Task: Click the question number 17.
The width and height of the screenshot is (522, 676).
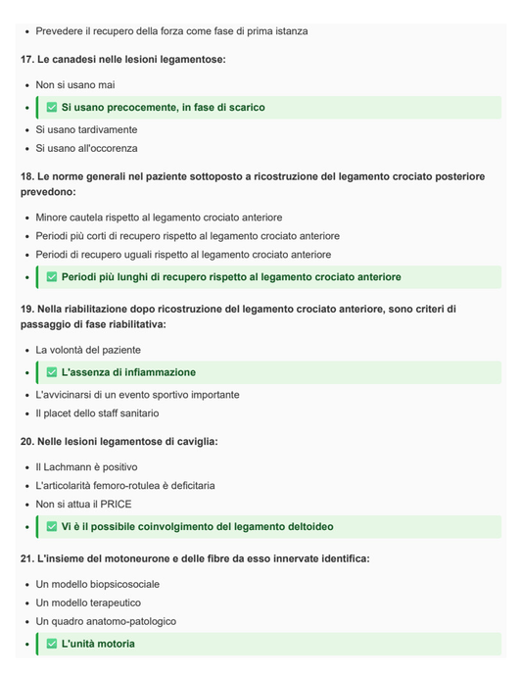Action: (x=26, y=60)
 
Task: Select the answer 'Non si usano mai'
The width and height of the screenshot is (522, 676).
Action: (x=75, y=85)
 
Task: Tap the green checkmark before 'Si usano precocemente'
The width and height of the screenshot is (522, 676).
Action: (x=52, y=108)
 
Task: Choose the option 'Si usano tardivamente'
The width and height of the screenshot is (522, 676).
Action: (x=86, y=129)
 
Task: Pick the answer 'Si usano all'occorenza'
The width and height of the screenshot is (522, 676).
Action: (x=86, y=149)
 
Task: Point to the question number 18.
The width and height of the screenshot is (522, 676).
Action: (x=26, y=176)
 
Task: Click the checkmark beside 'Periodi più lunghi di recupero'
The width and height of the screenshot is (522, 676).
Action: (x=52, y=277)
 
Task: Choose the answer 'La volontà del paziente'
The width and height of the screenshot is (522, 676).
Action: (x=88, y=350)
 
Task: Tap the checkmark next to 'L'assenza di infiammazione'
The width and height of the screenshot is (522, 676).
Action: (x=52, y=372)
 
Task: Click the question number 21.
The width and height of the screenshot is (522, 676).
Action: (x=26, y=558)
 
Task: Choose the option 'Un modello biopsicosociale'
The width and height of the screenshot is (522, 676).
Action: (x=97, y=584)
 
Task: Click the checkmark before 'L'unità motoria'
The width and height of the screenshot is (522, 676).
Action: (x=52, y=644)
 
